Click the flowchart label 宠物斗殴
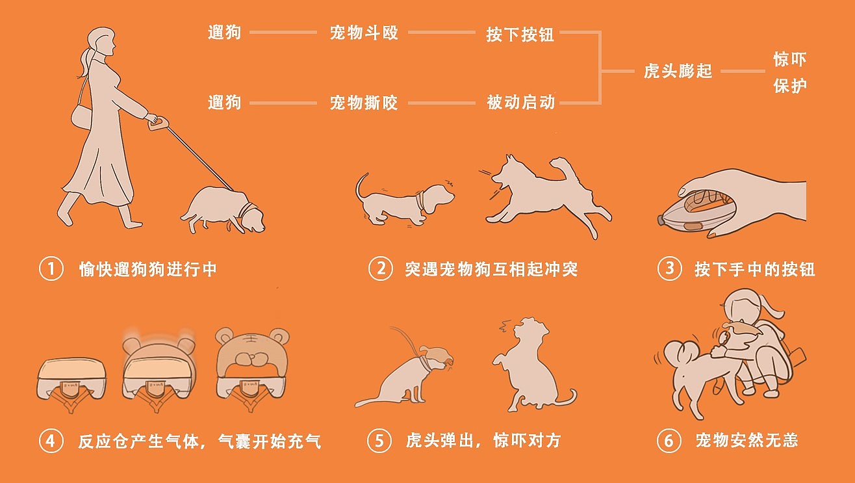point(364,33)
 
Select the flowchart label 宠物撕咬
point(364,103)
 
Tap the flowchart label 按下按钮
point(520,34)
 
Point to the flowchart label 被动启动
point(520,102)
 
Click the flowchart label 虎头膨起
point(678,71)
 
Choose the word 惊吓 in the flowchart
point(790,59)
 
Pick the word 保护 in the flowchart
point(790,86)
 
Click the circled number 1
point(51,268)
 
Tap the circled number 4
point(51,441)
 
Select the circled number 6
point(669,441)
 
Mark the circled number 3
point(669,268)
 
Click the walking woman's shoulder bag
point(82,116)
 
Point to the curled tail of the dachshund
point(361,187)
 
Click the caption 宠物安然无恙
point(747,441)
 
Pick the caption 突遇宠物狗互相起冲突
point(491,269)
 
